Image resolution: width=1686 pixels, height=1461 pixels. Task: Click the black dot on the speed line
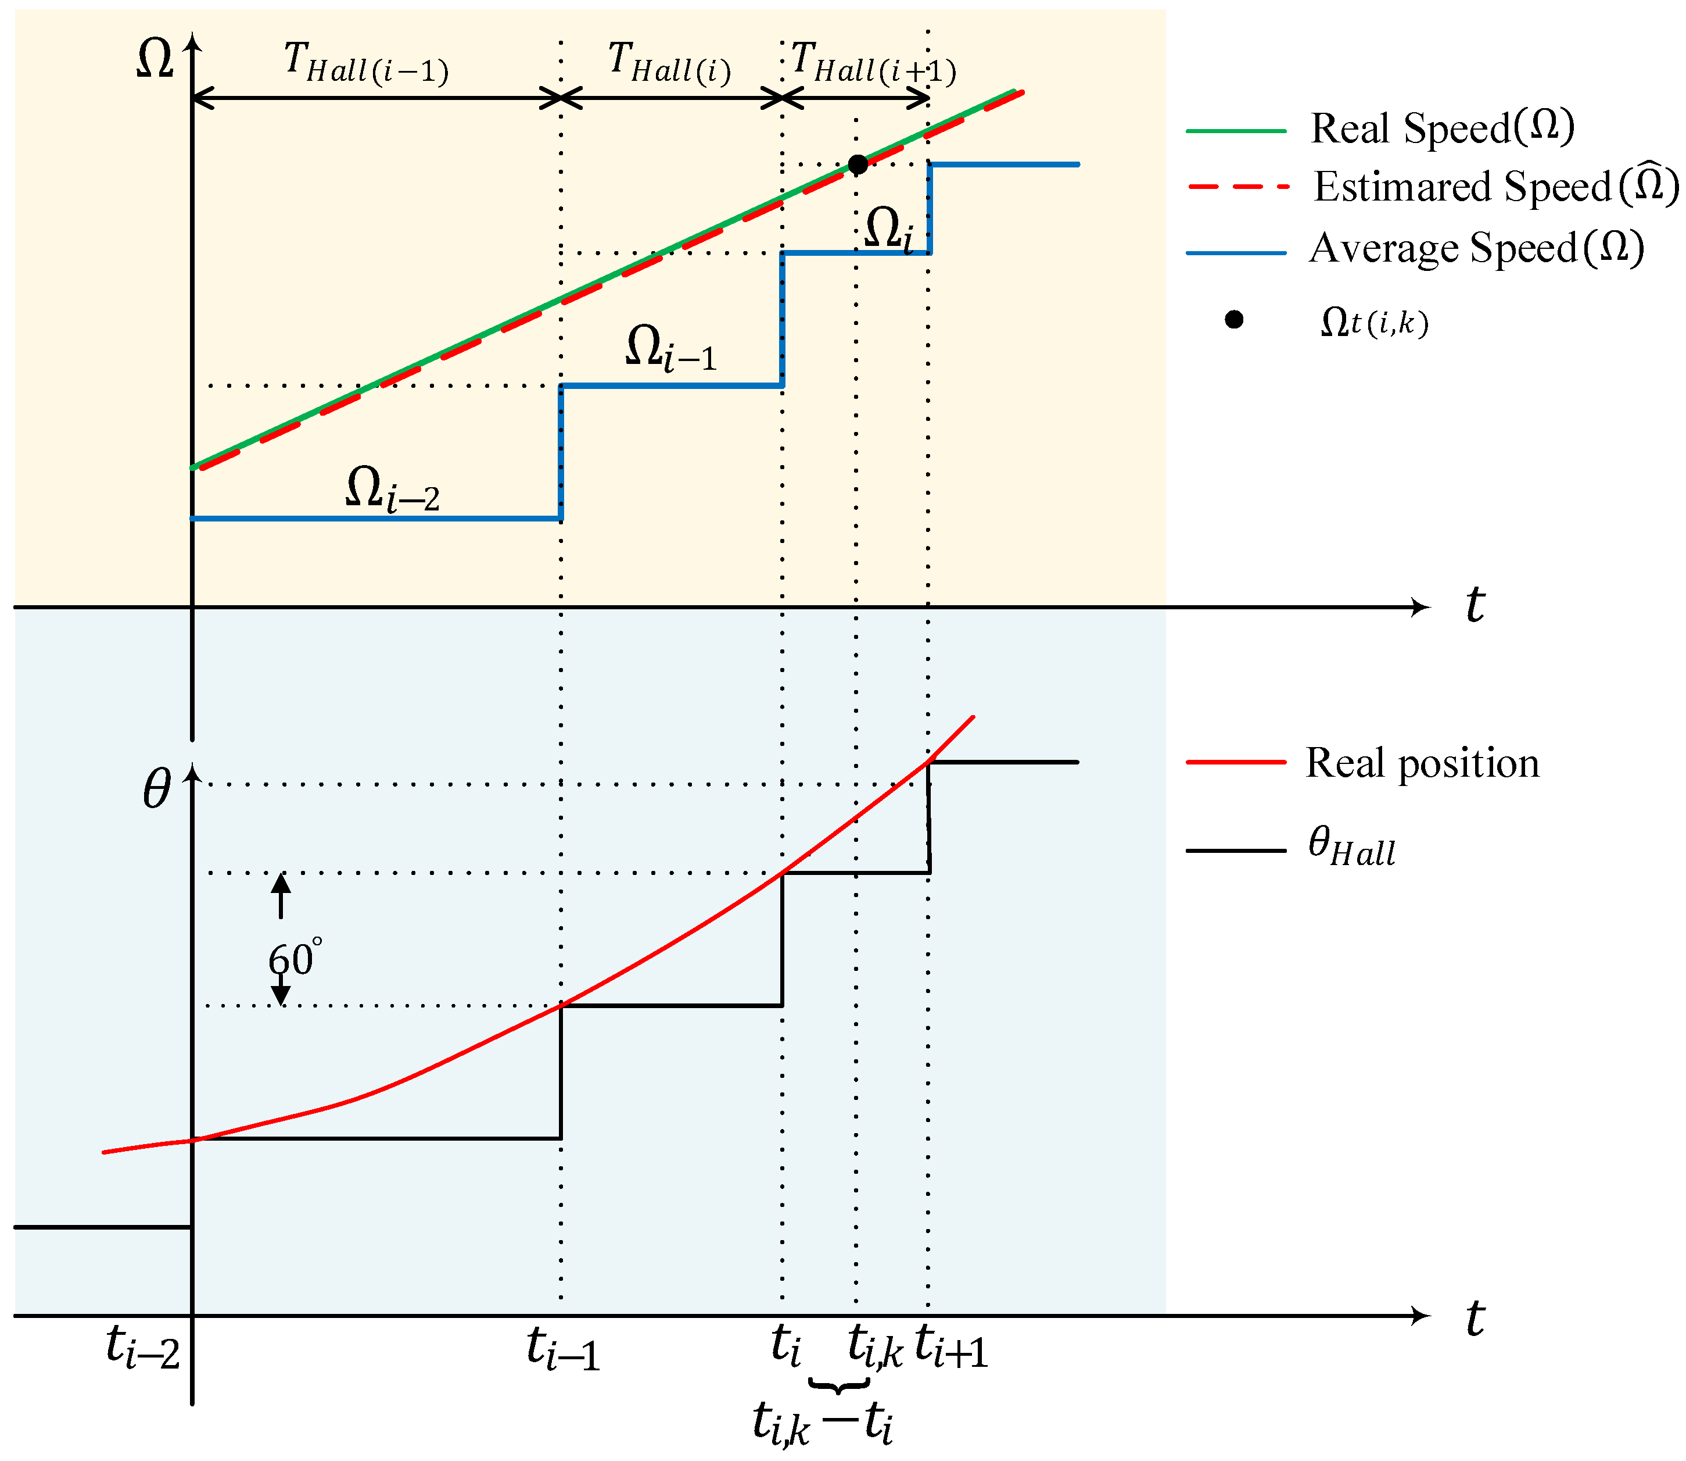(858, 165)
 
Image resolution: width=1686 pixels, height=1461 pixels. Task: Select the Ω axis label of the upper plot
(155, 59)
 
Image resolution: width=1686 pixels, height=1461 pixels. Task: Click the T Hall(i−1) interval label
(366, 63)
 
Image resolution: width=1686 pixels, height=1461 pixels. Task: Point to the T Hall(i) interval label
(669, 63)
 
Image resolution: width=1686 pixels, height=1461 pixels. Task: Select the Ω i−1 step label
(670, 348)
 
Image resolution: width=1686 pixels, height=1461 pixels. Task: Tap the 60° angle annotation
(293, 959)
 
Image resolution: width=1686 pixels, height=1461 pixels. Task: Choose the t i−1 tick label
(563, 1348)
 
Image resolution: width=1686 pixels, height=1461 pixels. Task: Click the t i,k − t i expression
(823, 1423)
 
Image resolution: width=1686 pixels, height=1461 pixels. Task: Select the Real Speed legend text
(1441, 128)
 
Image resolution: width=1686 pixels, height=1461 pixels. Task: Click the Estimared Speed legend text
(1496, 186)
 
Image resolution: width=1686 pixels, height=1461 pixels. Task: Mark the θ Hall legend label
(1351, 847)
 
